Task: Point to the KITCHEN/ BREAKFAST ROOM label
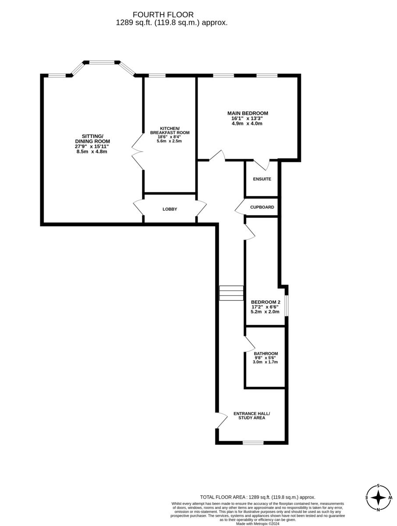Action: pyautogui.click(x=169, y=130)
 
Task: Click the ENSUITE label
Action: pyautogui.click(x=262, y=179)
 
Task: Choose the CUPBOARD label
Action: pyautogui.click(x=262, y=207)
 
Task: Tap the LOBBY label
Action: pyautogui.click(x=170, y=209)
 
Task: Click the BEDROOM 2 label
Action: pyautogui.click(x=265, y=302)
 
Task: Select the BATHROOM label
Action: pyautogui.click(x=266, y=353)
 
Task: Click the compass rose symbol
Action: pyautogui.click(x=378, y=498)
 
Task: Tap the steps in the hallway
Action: pyautogui.click(x=231, y=293)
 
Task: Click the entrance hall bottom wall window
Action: pyautogui.click(x=253, y=443)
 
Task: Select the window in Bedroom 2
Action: pyautogui.click(x=286, y=306)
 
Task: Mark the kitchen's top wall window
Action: pyautogui.click(x=157, y=76)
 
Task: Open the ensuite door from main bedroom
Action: pyautogui.click(x=262, y=165)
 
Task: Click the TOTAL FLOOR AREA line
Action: pyautogui.click(x=257, y=497)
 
